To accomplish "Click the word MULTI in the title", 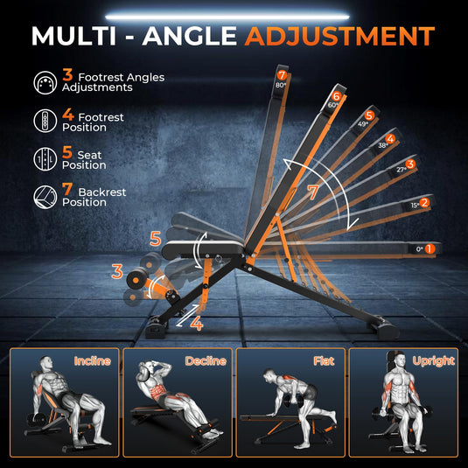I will [79, 36].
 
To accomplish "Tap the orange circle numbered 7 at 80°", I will [282, 75].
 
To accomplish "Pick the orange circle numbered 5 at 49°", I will [369, 115].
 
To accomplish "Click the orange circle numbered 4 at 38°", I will [390, 138].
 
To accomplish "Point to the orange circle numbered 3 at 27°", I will [410, 164].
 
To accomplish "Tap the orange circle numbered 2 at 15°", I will [424, 203].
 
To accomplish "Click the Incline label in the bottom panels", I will [92, 360].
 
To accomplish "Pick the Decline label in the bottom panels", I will [206, 360].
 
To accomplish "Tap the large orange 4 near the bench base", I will [196, 324].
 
